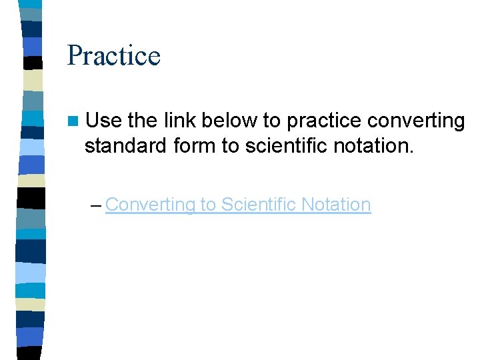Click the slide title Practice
point(113,55)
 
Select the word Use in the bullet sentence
point(104,121)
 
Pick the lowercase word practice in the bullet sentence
point(324,121)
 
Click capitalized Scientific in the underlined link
point(258,204)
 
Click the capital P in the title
point(75,55)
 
